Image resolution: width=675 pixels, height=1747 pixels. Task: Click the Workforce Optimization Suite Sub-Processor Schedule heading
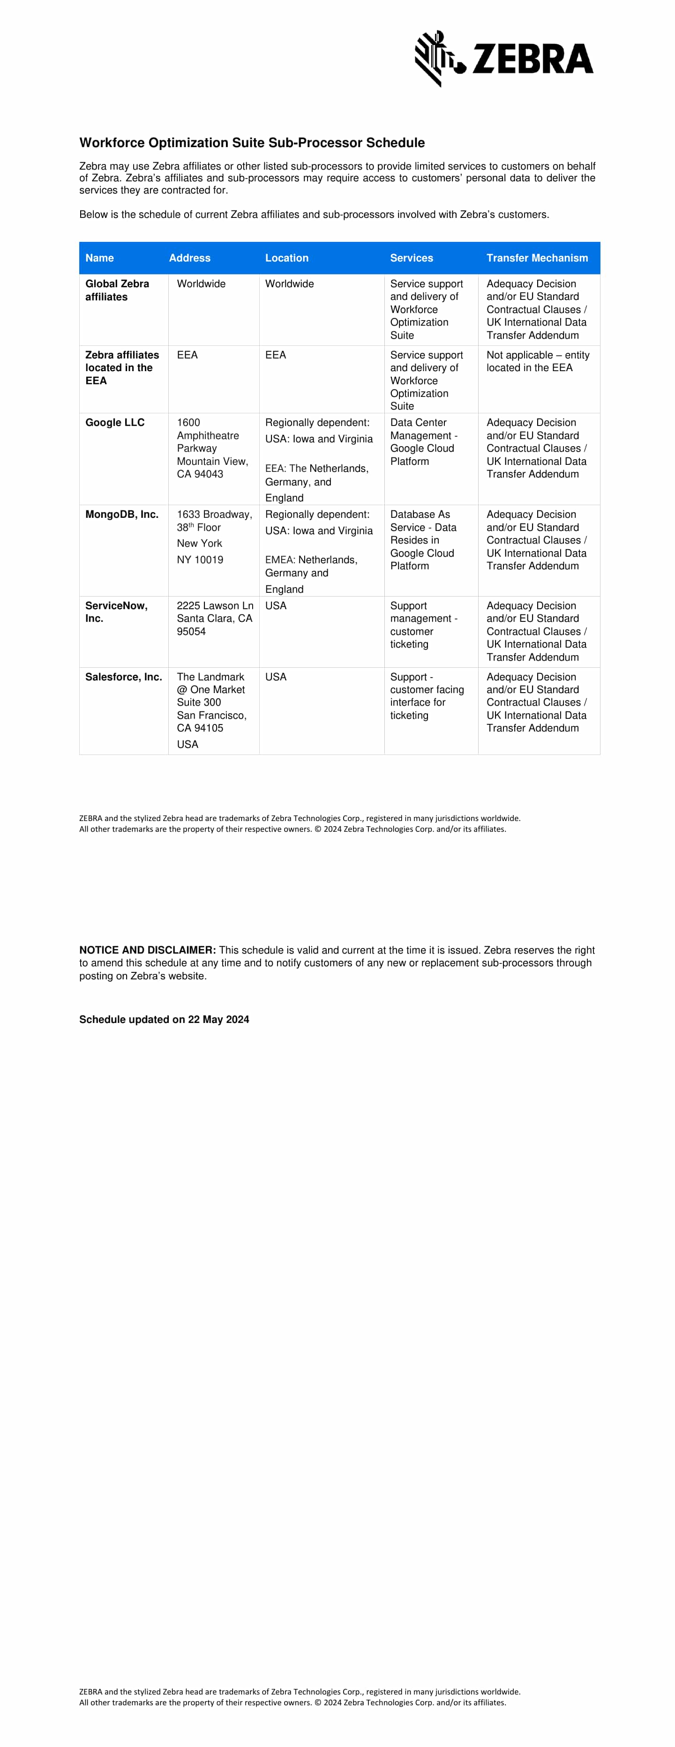[x=252, y=142]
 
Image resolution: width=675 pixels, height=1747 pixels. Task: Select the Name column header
[x=100, y=258]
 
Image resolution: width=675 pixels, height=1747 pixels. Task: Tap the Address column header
[x=189, y=258]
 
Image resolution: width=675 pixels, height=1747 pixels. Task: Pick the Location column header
[x=286, y=258]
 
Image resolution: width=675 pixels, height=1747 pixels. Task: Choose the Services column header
[x=411, y=258]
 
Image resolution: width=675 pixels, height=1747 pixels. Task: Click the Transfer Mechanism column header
[x=537, y=258]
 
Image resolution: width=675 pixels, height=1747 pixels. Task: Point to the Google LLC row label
[x=115, y=423]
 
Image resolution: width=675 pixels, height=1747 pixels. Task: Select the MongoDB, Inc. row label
[x=121, y=514]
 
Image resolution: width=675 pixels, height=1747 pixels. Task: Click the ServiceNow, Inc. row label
[x=116, y=612]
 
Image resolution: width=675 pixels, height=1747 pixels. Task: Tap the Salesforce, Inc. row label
[x=123, y=677]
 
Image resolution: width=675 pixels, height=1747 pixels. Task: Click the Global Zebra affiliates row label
[x=117, y=290]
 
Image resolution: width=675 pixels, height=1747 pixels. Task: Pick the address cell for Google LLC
[x=212, y=448]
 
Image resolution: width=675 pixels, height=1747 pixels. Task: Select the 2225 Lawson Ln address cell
[x=214, y=619]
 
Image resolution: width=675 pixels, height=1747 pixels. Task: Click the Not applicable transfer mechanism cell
[x=537, y=361]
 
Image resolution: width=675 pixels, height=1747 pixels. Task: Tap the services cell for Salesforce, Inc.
[x=427, y=696]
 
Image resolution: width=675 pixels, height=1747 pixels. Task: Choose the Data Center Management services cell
[x=423, y=441]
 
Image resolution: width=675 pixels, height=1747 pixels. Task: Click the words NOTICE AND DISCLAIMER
[x=147, y=950]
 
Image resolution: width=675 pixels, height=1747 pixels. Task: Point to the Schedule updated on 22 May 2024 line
[x=164, y=1019]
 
